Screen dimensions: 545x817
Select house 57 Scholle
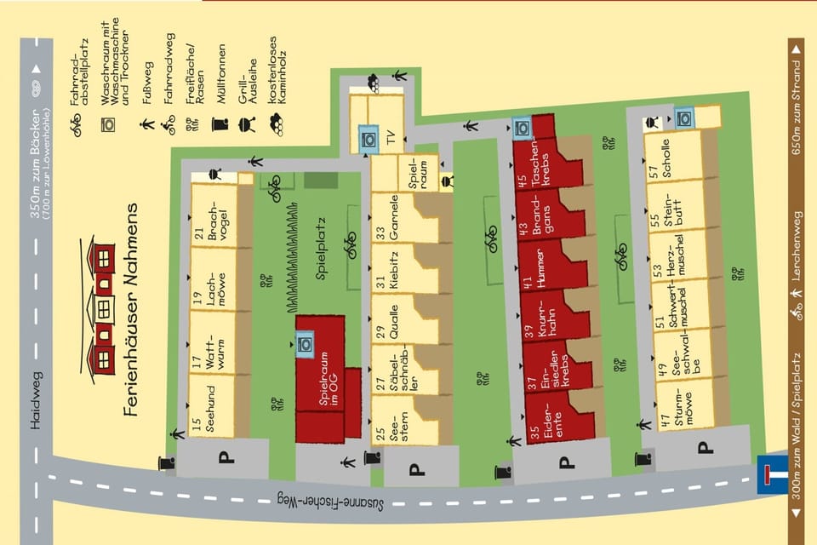tap(674, 154)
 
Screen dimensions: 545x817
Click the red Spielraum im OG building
tap(320, 379)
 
